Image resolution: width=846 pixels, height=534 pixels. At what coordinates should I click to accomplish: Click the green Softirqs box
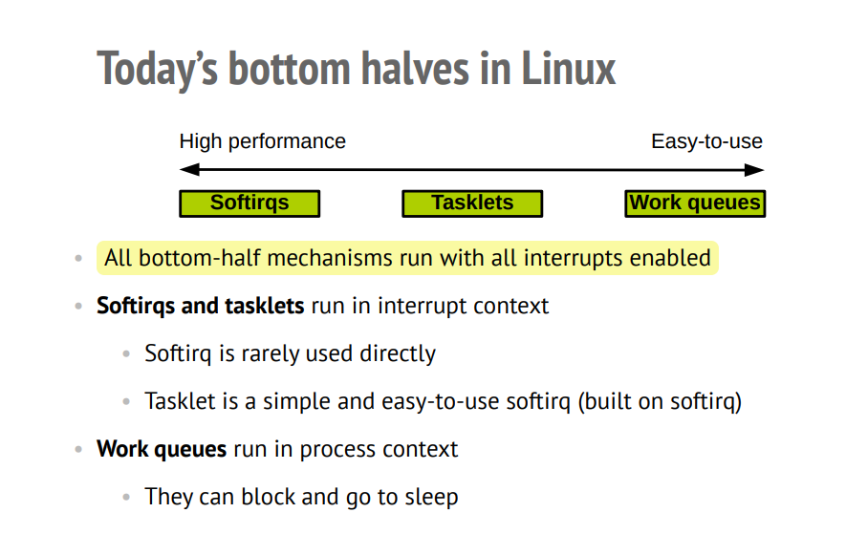point(249,203)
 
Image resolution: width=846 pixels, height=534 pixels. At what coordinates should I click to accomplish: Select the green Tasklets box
point(472,203)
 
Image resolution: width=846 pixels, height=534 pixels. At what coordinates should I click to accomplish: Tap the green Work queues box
point(695,203)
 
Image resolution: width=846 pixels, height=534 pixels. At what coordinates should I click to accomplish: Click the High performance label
point(263,141)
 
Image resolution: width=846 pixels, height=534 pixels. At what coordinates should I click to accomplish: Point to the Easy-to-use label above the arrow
point(706,141)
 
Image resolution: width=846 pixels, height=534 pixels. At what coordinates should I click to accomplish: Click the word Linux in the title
point(569,70)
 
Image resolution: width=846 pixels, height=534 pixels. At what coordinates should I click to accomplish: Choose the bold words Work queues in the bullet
point(162,449)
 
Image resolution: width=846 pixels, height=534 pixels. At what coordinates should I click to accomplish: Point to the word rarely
point(272,353)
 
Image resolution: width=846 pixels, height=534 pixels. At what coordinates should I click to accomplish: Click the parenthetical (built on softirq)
point(660,401)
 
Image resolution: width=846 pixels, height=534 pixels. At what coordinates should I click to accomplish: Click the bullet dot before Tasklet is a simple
point(126,402)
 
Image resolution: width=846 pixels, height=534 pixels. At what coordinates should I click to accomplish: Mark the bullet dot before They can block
point(126,498)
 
